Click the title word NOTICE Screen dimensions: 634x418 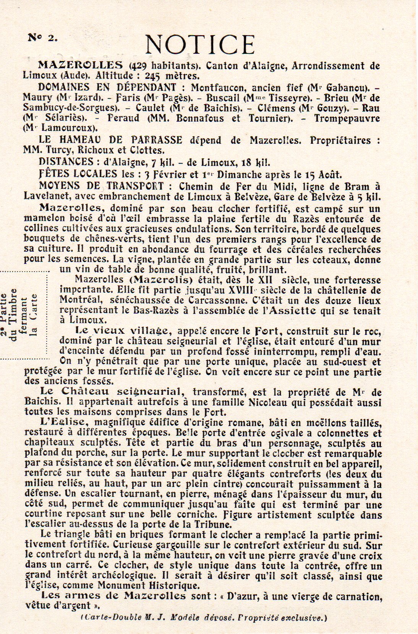[200, 45]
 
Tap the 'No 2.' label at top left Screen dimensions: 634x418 [42, 37]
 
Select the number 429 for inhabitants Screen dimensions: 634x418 [140, 66]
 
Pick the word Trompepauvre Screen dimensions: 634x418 [347, 118]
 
